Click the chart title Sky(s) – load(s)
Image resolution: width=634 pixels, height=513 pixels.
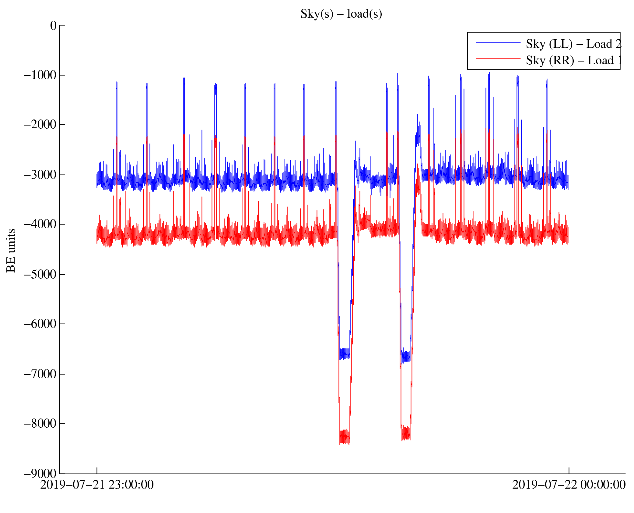tap(341, 14)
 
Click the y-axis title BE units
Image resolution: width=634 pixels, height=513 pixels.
tap(11, 250)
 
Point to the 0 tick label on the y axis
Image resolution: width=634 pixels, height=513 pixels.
tap(53, 26)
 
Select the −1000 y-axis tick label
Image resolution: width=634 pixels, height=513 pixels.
tap(40, 75)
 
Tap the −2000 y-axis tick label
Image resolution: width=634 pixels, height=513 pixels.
tap(40, 124)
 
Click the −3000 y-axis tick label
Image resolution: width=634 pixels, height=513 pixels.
tap(40, 175)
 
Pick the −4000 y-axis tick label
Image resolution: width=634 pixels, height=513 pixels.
tap(40, 224)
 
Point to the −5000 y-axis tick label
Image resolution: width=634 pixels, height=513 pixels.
tap(40, 274)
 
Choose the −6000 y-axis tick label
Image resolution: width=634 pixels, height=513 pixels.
tap(40, 324)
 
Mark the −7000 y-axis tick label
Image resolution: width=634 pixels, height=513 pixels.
tap(40, 374)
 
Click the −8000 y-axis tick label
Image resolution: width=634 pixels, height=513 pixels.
tap(40, 423)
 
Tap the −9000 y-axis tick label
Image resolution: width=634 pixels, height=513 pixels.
tap(40, 474)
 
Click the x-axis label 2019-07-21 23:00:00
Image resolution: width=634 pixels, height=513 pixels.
tap(97, 485)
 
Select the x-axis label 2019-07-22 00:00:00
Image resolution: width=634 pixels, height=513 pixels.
tap(569, 485)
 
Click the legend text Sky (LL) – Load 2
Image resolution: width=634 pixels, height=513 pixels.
tap(573, 44)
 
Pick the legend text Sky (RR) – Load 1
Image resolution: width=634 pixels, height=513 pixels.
tap(574, 60)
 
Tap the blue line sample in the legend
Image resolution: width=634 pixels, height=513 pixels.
tap(498, 42)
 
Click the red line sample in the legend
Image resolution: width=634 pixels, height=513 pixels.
tap(498, 59)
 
